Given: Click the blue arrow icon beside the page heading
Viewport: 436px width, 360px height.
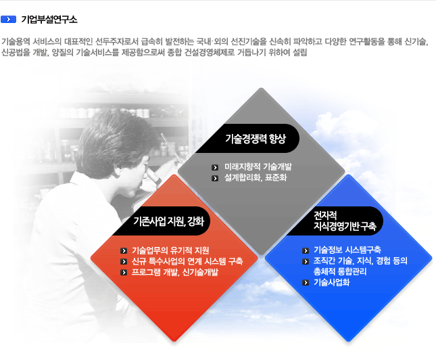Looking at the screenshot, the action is point(8,19).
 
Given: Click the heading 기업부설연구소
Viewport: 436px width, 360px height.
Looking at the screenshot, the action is point(49,20).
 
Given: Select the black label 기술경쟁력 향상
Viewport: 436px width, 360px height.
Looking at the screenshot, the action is point(256,138).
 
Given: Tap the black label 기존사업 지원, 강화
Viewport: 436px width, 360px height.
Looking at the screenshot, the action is point(169,221).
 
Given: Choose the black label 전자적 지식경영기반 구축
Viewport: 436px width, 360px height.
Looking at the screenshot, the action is point(345,221).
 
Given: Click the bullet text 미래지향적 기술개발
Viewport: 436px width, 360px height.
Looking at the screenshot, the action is point(258,166).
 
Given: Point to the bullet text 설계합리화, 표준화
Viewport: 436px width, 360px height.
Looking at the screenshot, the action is point(256,178).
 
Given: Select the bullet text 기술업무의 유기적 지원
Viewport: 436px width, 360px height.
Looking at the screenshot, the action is point(170,250).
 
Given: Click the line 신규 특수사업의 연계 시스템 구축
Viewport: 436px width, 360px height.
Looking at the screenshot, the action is point(187,261).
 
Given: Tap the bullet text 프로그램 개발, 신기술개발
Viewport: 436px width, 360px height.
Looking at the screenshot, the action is point(175,272).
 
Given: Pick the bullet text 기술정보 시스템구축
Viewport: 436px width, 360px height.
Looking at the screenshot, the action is point(347,250).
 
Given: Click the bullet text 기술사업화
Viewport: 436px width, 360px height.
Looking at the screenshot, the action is point(331,282).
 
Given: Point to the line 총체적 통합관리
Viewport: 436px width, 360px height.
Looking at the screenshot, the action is point(340,271).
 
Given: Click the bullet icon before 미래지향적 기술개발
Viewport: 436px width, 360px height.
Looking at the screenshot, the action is point(215,167).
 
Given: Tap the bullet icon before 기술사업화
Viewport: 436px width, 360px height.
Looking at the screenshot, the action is point(306,283).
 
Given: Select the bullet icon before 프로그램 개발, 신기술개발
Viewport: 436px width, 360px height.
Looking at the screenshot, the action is point(124,273).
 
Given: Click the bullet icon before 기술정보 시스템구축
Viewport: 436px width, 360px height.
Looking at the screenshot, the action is point(306,250).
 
